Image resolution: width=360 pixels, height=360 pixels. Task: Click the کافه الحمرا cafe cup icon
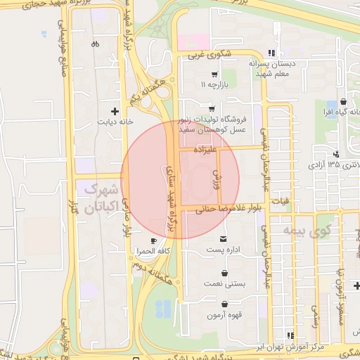[x=153, y=240]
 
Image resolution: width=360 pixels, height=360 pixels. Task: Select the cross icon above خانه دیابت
[x=115, y=111]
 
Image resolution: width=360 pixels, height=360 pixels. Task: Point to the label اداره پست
[x=224, y=250]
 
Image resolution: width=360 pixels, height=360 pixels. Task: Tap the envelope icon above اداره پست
[x=224, y=239]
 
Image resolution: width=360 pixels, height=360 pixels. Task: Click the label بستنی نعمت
[x=224, y=284]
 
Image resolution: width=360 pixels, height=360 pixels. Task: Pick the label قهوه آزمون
[x=224, y=315]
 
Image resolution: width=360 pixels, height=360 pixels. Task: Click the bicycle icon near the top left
[x=95, y=44]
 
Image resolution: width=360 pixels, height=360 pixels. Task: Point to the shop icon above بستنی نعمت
[x=224, y=273]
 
